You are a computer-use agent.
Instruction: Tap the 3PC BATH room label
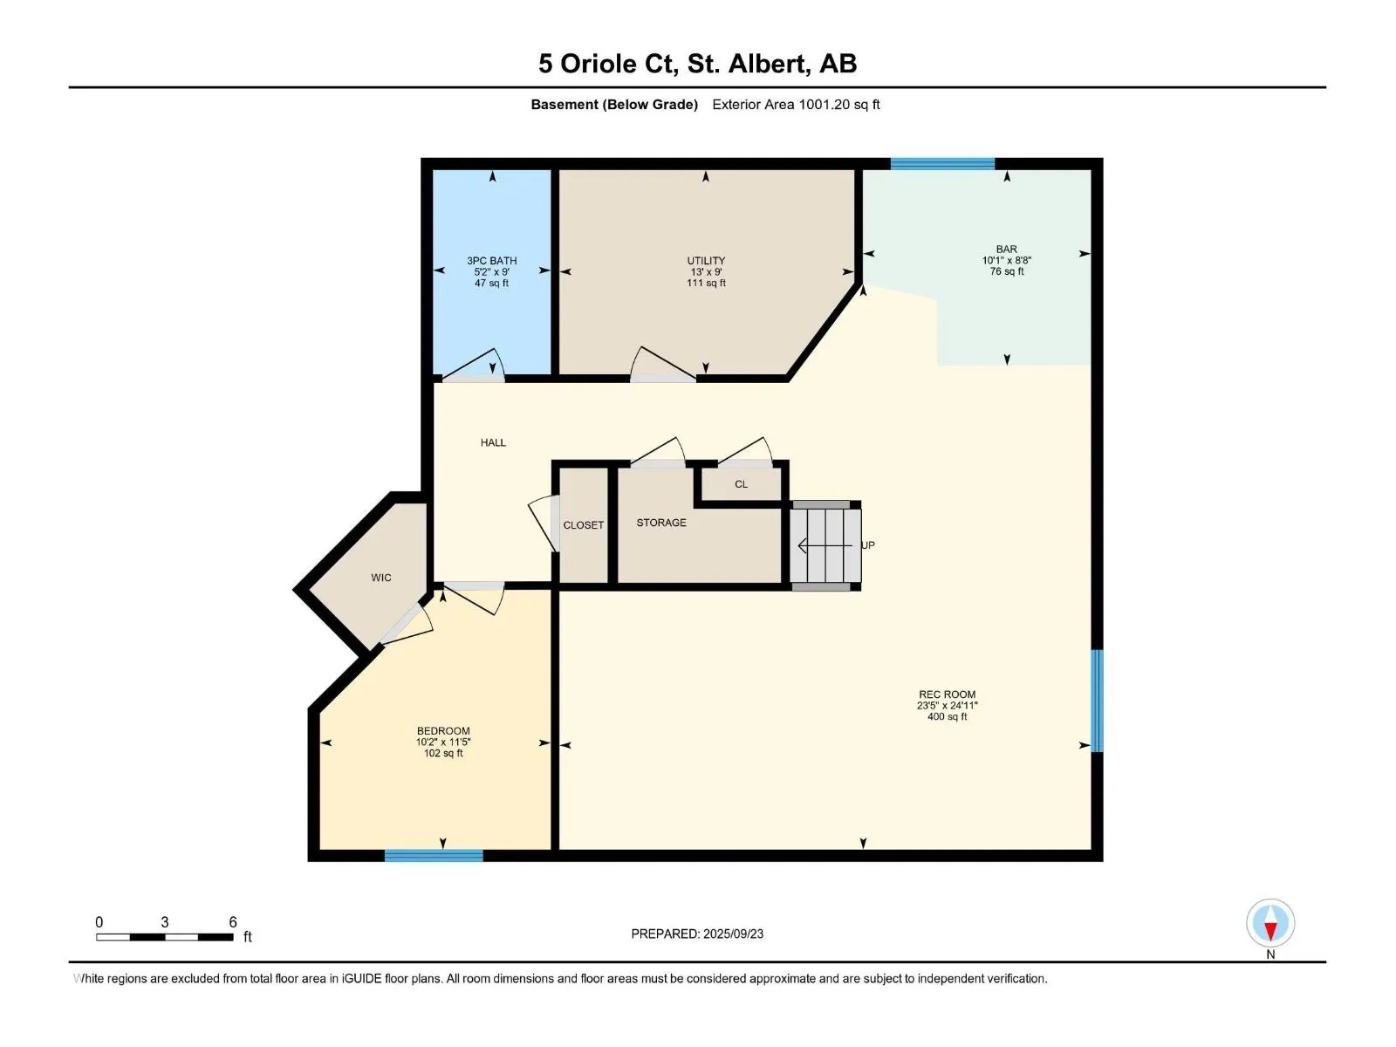coord(491,261)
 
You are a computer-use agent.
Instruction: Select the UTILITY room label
coord(706,261)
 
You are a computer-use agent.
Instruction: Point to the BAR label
coord(1006,250)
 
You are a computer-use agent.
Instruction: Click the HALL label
coord(493,442)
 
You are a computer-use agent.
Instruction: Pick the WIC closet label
coord(381,578)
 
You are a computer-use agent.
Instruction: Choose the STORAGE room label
coord(661,523)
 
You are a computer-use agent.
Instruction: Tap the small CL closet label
coord(741,484)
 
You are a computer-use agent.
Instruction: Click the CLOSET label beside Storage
coord(583,525)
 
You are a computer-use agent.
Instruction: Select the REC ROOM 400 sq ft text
coord(947,716)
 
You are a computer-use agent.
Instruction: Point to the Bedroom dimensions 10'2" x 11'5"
coord(443,742)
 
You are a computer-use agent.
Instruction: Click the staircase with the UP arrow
coord(825,545)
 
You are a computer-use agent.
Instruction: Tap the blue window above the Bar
coord(942,163)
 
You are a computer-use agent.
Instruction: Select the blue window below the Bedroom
coord(434,856)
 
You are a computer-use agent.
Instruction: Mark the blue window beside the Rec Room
coord(1097,701)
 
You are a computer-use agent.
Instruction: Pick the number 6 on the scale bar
coord(233,921)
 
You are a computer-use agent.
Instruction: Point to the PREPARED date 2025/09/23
coord(733,934)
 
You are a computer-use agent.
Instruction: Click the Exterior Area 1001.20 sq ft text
coord(796,105)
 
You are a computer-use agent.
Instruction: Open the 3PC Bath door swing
coord(473,365)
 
